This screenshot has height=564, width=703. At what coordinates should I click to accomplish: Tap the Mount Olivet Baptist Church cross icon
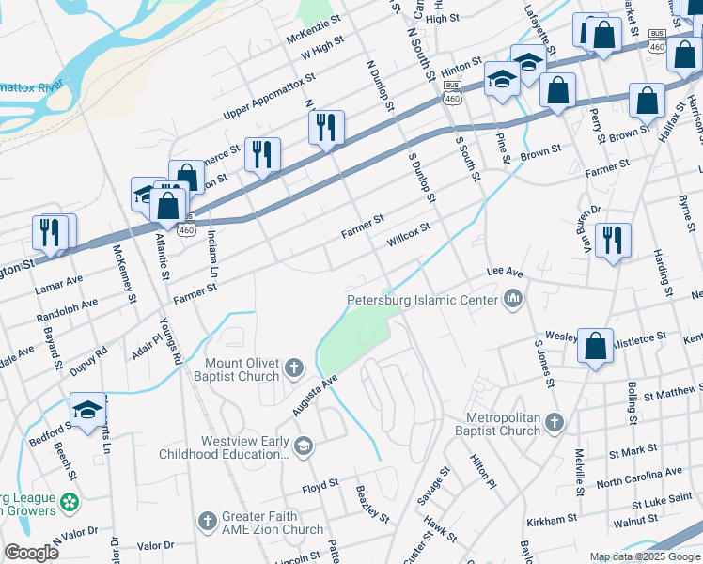(294, 368)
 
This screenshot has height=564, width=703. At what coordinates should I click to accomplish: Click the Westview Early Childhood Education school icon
(303, 446)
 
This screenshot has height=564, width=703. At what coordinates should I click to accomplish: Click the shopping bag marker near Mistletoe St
(596, 346)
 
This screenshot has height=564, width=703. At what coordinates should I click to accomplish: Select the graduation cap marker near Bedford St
(87, 410)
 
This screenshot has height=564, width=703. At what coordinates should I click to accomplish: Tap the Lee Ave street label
(504, 271)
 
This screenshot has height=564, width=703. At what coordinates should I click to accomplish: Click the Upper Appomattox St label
(269, 96)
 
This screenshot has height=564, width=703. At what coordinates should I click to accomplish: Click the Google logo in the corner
(30, 552)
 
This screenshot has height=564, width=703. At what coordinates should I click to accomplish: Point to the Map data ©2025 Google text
(644, 556)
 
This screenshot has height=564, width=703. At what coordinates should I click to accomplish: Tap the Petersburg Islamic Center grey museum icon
(513, 301)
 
